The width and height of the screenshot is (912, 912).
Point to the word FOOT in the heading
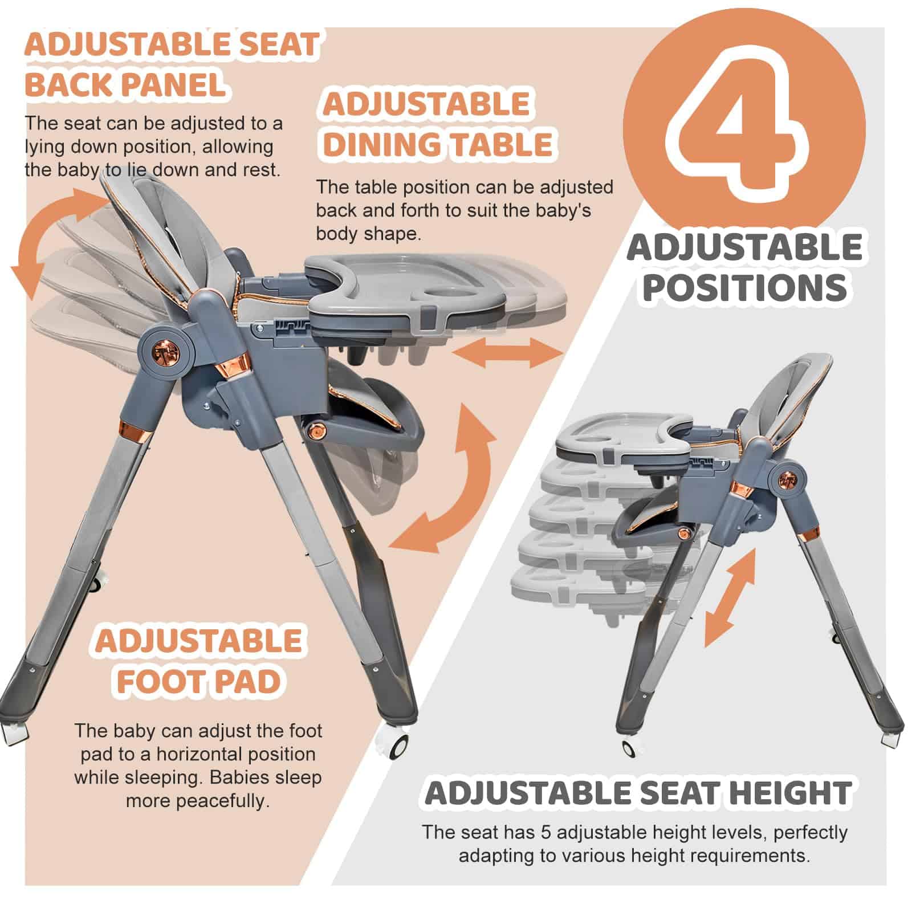[152, 681]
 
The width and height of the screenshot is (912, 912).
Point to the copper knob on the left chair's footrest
[314, 431]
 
